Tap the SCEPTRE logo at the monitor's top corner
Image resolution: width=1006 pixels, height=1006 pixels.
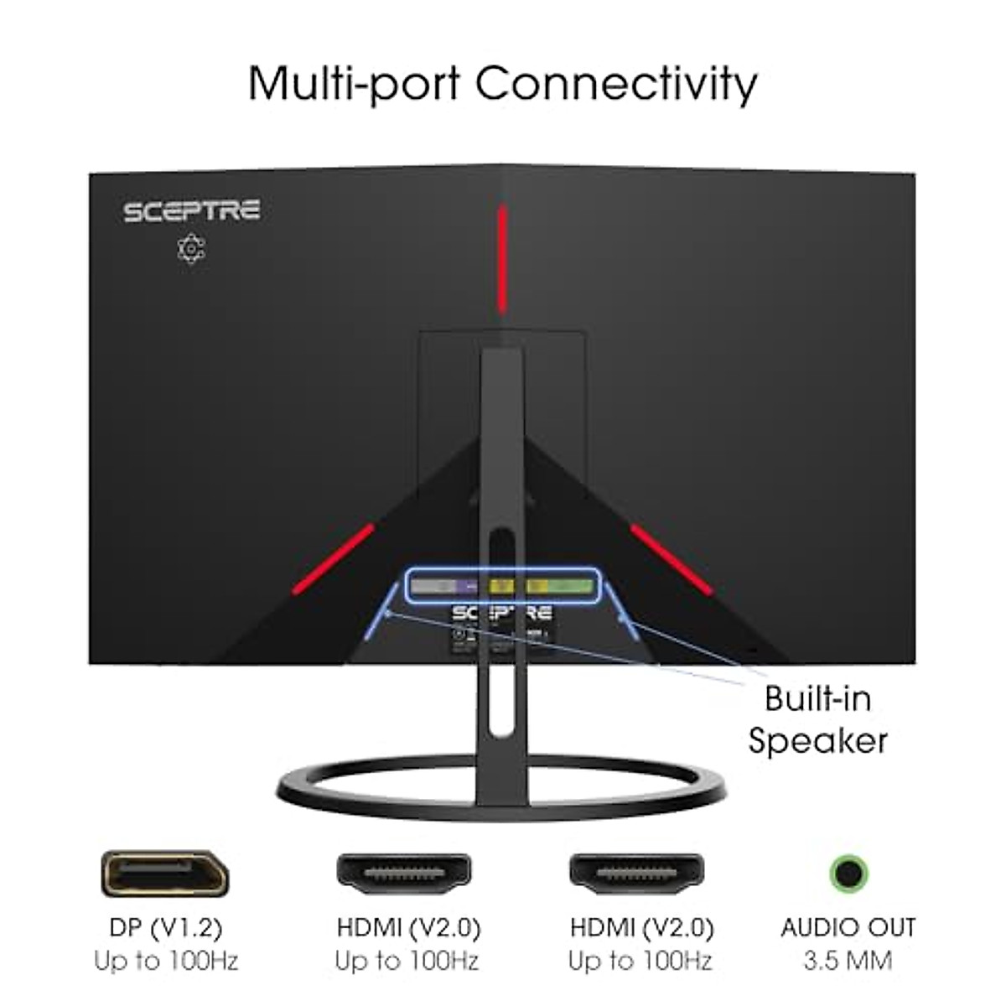(x=192, y=210)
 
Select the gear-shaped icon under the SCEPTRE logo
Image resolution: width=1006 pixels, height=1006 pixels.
(x=192, y=249)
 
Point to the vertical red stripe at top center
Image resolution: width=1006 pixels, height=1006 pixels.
(x=502, y=259)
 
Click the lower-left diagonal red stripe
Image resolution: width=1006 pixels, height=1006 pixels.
(x=333, y=558)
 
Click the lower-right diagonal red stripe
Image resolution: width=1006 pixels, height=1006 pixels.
(x=671, y=558)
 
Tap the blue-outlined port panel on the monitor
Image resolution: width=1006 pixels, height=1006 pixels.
(x=503, y=585)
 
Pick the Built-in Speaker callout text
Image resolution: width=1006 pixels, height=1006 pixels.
(x=817, y=719)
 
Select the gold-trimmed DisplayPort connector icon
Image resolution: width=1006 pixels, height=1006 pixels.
(x=165, y=873)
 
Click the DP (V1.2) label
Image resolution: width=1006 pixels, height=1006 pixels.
(x=166, y=928)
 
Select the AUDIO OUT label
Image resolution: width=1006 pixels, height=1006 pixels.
(x=848, y=928)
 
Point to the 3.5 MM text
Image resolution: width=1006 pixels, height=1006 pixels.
(x=848, y=961)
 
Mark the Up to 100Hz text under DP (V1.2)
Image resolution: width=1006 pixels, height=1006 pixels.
(x=166, y=961)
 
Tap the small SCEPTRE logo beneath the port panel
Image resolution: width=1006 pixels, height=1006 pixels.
(x=502, y=613)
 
